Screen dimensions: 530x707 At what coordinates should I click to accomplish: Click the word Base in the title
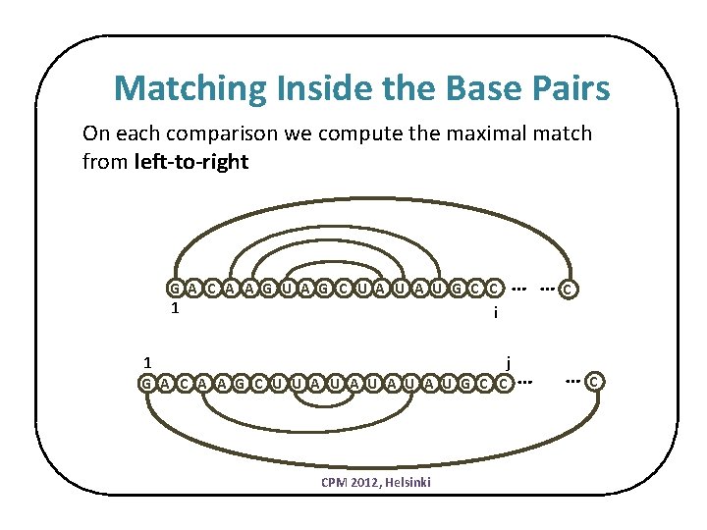coord(471,89)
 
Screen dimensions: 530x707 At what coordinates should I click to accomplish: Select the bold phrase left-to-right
coord(191,162)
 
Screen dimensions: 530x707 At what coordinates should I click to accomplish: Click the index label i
coord(496,312)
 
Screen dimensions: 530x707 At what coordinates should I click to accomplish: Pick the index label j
coord(508,360)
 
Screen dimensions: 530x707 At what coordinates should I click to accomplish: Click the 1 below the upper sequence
coord(174,308)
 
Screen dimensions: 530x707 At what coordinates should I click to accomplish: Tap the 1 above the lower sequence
coord(144,360)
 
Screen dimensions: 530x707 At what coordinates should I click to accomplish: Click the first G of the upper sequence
coord(174,289)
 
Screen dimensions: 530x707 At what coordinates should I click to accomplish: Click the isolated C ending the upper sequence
coord(569,289)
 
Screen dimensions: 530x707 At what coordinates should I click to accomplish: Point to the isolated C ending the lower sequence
coord(595,381)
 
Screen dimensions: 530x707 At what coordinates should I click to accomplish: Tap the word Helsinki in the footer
coord(409,482)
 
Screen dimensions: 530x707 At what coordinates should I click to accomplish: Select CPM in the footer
coord(333,482)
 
